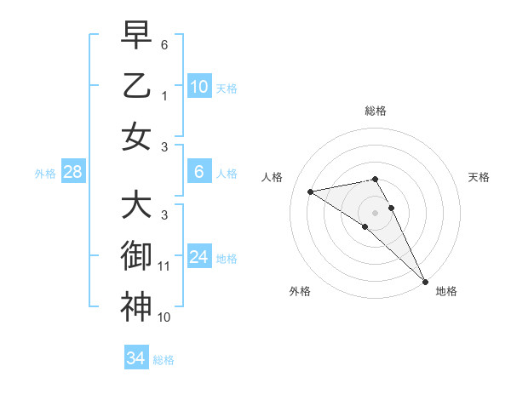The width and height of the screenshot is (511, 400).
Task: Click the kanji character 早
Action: (135, 37)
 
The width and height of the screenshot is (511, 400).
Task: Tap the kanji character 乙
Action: (135, 86)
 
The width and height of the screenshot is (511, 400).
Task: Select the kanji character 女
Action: (135, 136)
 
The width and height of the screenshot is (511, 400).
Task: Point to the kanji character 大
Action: (135, 205)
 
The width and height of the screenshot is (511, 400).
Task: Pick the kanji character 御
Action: (135, 255)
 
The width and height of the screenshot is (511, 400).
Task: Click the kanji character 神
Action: (135, 306)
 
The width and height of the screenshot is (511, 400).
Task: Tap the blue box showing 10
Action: (198, 86)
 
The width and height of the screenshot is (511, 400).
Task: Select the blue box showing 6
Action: (198, 172)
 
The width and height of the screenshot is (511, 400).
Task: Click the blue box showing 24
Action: (198, 257)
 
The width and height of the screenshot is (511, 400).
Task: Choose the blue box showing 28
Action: (73, 172)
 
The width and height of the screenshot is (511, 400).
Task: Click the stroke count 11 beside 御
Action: (164, 266)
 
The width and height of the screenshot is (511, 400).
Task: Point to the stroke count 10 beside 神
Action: (164, 317)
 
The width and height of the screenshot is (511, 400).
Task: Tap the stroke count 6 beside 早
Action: (164, 44)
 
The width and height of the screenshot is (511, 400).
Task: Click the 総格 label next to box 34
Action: (164, 360)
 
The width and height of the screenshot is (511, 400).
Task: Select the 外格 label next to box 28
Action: (45, 174)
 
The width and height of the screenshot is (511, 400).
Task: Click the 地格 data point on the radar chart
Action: (425, 282)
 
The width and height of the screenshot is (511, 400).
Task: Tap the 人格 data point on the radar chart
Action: (310, 191)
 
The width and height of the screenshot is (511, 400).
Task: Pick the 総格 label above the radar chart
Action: (376, 111)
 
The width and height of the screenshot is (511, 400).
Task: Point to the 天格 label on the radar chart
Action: (479, 177)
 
